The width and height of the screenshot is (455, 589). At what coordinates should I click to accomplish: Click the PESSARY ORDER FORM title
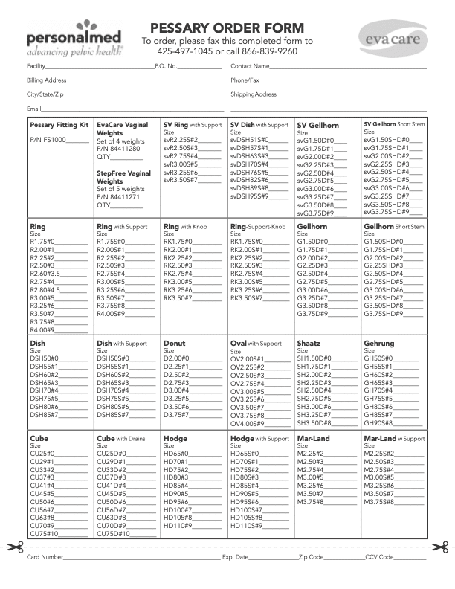point(227,28)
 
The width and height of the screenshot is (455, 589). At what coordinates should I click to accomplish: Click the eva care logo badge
point(392,35)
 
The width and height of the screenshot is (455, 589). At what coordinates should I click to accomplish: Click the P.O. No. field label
point(166,67)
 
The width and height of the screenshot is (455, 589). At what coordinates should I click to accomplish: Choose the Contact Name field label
point(250,67)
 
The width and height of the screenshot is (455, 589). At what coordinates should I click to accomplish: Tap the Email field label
point(33,109)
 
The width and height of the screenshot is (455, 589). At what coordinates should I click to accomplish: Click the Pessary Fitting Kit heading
point(59,125)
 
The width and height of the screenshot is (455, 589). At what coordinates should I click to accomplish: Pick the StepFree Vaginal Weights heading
point(123,177)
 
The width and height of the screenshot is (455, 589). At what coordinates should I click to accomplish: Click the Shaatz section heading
point(309,344)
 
